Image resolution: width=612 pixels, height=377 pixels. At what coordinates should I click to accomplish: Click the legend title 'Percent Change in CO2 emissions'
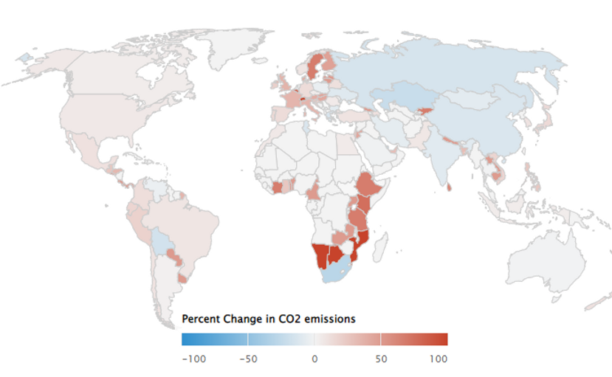[269, 319]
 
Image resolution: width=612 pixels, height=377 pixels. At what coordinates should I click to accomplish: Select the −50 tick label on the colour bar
[249, 359]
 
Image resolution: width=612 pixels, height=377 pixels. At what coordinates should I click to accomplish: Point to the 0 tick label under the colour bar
[314, 359]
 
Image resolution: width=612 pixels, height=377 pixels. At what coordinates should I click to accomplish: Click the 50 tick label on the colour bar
[380, 359]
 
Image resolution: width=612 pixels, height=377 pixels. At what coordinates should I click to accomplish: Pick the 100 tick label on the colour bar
[438, 359]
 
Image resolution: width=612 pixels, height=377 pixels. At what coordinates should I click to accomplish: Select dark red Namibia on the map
[320, 255]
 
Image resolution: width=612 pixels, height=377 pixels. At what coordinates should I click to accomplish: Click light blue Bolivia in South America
[161, 238]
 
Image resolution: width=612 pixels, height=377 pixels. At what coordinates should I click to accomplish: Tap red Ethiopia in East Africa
[367, 187]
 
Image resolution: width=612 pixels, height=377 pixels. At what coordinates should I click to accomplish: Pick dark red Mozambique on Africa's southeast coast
[362, 243]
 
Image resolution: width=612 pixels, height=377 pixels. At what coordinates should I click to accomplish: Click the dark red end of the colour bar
[440, 339]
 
